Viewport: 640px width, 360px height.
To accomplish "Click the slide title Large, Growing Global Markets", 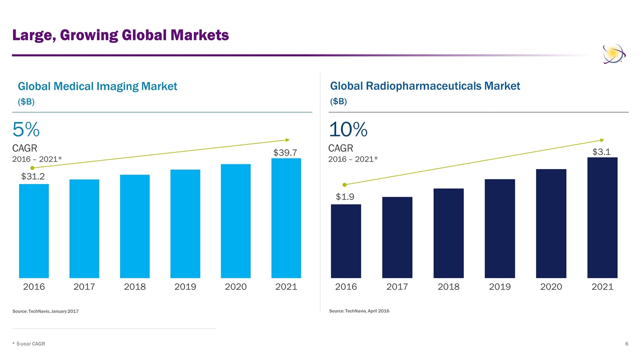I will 120,35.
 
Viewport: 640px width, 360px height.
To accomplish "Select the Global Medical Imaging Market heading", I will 97,86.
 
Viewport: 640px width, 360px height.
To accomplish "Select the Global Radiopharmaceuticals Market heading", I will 425,86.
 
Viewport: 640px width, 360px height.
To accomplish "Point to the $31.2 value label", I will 33,176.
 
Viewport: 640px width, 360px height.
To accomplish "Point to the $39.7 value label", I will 285,151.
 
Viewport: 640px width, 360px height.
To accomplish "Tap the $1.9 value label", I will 345,197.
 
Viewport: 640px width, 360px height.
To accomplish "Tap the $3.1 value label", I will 601,151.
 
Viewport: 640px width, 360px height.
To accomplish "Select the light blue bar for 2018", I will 134,226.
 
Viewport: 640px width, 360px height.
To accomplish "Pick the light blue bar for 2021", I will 286,218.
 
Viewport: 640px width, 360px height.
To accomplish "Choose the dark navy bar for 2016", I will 346,241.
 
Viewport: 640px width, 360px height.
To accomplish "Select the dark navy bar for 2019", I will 499,228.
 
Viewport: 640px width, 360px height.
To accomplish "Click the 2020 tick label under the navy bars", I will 551,287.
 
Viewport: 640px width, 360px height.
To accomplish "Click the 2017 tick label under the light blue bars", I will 84,287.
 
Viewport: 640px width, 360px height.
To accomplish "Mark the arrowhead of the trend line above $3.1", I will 602,139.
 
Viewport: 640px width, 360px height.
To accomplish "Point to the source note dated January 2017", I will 45,312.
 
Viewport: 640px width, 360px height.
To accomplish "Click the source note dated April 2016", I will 359,311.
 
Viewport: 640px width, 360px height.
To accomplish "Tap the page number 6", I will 626,344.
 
